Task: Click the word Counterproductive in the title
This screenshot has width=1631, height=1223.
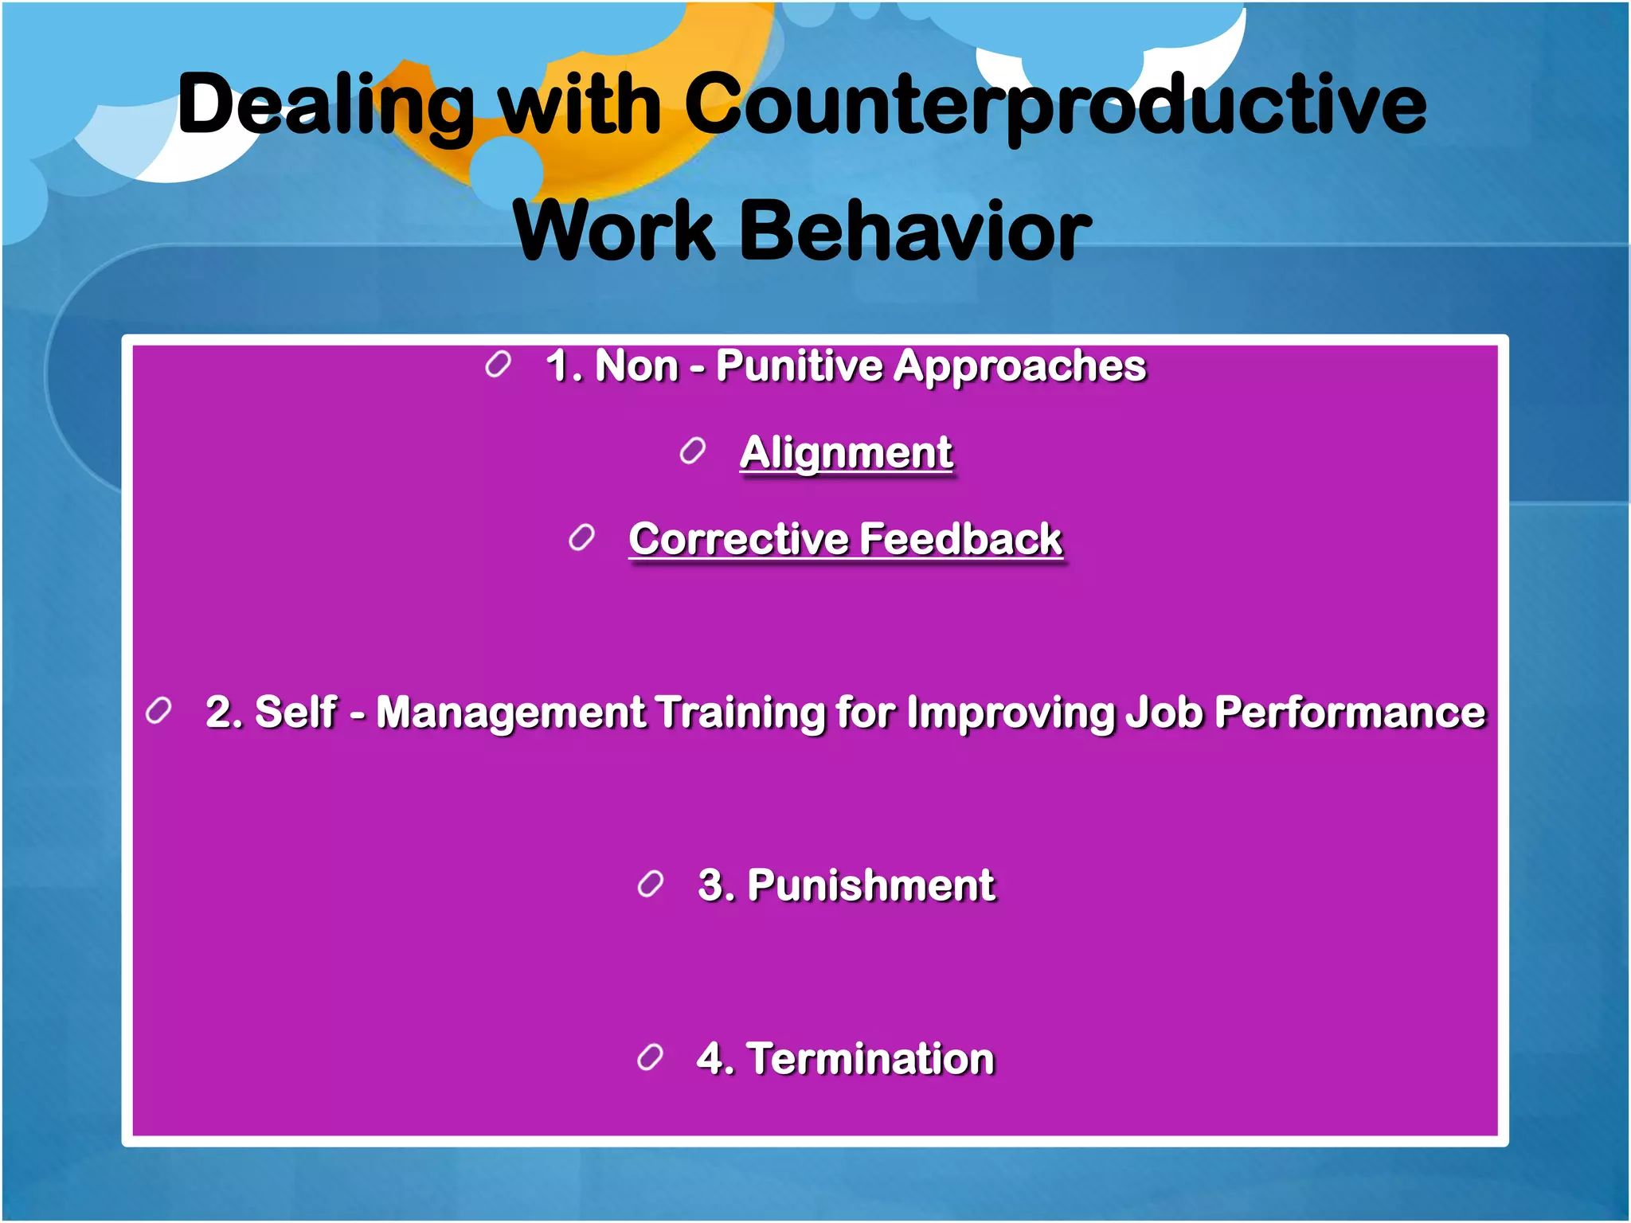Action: point(1054,107)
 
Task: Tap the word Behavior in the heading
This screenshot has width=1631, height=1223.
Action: point(916,232)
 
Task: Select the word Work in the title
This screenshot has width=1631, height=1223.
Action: point(614,232)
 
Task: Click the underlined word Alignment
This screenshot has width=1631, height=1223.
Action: point(846,453)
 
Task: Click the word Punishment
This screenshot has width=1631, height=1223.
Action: point(870,886)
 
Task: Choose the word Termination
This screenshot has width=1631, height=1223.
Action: point(870,1059)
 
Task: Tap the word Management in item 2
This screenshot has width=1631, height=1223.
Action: point(510,713)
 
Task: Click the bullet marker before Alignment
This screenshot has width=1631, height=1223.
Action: point(693,451)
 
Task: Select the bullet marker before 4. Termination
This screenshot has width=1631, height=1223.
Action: point(650,1057)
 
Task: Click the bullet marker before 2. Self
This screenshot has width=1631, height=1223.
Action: point(158,711)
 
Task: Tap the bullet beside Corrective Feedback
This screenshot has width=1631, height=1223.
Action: point(581,538)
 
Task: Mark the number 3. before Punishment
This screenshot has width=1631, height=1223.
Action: point(714,885)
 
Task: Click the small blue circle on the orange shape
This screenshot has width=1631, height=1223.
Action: point(506,171)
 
